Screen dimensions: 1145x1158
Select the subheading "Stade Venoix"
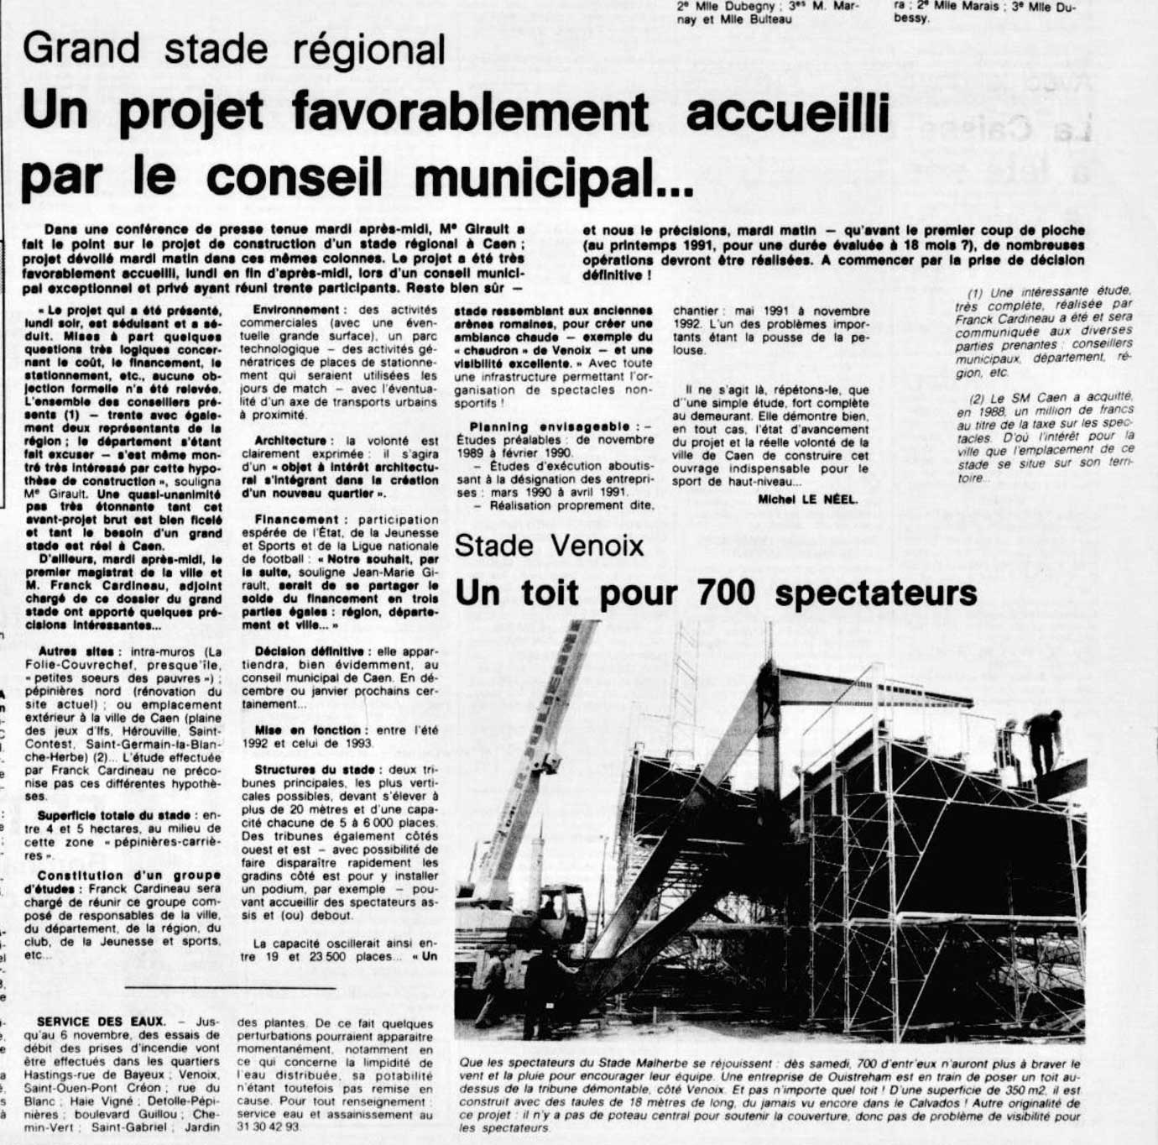pos(549,546)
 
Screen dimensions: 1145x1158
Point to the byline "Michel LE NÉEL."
pos(807,499)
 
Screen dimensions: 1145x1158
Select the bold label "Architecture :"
pos(291,441)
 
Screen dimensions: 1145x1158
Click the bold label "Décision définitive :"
pos(309,651)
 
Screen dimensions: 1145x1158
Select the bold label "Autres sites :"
pos(81,651)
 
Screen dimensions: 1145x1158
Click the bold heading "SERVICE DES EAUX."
pos(102,1022)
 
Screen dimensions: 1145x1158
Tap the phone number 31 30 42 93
pos(269,1127)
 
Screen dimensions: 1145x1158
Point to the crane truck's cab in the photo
pos(561,912)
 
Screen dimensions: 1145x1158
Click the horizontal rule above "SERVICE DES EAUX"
pos(230,987)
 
